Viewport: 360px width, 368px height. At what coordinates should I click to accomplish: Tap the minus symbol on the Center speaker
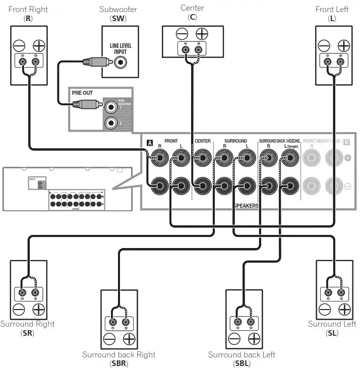[182, 34]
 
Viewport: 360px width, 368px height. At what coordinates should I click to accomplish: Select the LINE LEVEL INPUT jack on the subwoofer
[121, 63]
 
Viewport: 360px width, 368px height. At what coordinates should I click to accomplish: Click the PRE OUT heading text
[82, 93]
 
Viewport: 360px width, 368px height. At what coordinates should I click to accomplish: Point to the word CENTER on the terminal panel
[203, 141]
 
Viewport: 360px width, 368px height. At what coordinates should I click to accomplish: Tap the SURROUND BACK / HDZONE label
[279, 141]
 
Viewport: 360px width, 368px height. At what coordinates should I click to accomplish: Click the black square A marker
[149, 143]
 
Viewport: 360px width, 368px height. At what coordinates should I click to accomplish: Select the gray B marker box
[347, 142]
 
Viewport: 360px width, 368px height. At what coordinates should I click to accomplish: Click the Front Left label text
[332, 10]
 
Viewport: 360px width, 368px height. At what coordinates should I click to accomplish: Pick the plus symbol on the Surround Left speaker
[344, 309]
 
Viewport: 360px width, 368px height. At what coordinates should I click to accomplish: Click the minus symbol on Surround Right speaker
[19, 309]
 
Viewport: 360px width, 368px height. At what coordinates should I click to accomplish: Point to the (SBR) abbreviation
[118, 363]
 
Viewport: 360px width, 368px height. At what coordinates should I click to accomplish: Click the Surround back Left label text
[242, 354]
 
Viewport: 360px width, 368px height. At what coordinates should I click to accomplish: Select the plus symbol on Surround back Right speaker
[129, 339]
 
